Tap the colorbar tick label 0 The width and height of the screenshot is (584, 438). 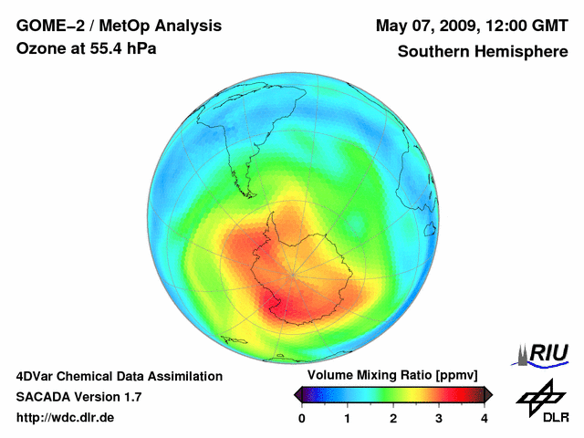pyautogui.click(x=302, y=418)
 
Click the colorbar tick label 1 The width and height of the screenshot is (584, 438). pyautogui.click(x=348, y=418)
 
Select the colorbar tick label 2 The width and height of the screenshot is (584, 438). pyautogui.click(x=393, y=418)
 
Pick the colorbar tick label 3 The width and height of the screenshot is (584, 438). pyautogui.click(x=439, y=418)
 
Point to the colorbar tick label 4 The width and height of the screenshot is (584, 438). pyautogui.click(x=485, y=418)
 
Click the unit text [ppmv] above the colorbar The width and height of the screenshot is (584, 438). pyautogui.click(x=463, y=376)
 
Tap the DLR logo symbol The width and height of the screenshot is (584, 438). pyautogui.click(x=541, y=394)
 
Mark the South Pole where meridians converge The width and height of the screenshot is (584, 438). pyautogui.click(x=293, y=274)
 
